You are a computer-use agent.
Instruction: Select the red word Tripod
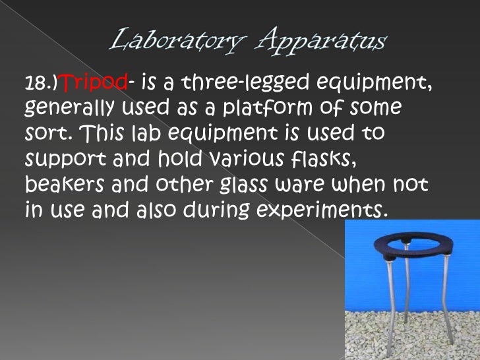(94, 82)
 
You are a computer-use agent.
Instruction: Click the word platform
(267, 107)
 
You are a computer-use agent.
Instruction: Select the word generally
(69, 108)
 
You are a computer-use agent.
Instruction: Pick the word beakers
(65, 184)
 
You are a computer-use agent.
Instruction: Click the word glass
(243, 185)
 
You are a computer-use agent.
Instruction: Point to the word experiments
(320, 210)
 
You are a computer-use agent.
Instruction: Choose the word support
(65, 160)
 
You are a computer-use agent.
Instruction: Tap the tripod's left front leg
(390, 306)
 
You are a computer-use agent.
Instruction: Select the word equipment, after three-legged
(375, 83)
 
